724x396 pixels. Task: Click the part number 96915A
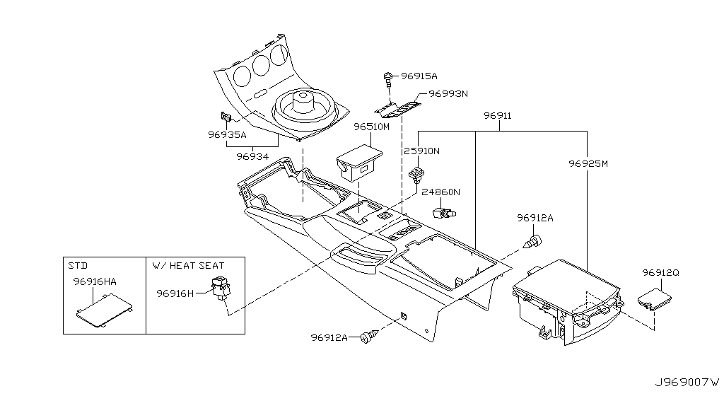tap(420, 76)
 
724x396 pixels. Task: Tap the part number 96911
tap(498, 115)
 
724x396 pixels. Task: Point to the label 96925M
tap(588, 163)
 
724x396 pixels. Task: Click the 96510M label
tap(372, 127)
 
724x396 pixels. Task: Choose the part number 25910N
tap(422, 151)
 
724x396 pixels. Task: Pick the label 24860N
tap(441, 192)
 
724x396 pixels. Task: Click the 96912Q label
tap(661, 272)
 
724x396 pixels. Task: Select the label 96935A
tap(227, 134)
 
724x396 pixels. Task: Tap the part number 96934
tap(253, 156)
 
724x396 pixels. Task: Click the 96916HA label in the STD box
tap(95, 281)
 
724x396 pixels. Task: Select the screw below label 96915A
tap(388, 81)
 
